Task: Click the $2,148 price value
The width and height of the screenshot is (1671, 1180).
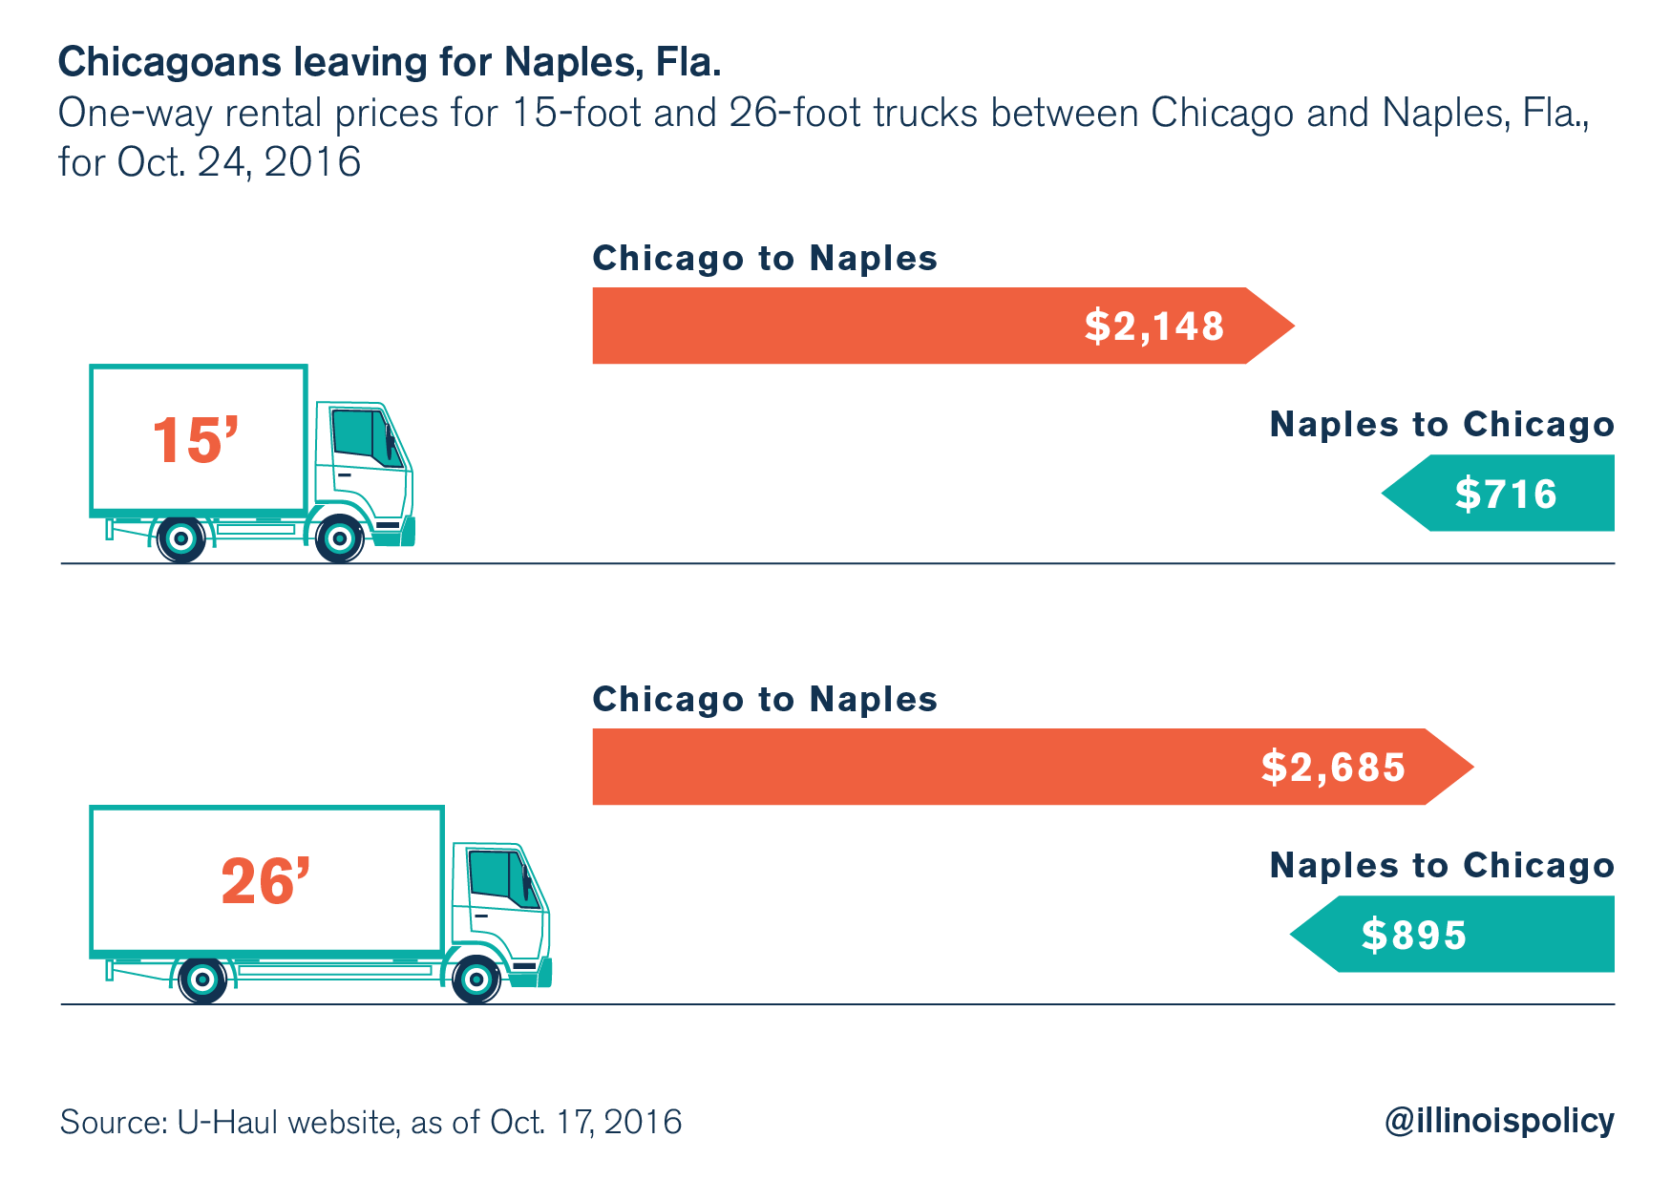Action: pyautogui.click(x=1153, y=327)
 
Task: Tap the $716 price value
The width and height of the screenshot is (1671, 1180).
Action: pyautogui.click(x=1506, y=494)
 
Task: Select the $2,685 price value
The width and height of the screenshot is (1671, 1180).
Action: pyautogui.click(x=1333, y=768)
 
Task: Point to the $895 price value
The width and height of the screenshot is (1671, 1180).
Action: pyautogui.click(x=1413, y=935)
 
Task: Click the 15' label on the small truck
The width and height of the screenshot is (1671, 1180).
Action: pyautogui.click(x=195, y=440)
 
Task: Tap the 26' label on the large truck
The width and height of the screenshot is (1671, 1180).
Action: pyautogui.click(x=265, y=881)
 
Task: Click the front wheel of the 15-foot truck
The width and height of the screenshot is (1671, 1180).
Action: pyautogui.click(x=339, y=539)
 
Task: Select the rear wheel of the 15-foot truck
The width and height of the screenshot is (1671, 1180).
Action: pyautogui.click(x=181, y=539)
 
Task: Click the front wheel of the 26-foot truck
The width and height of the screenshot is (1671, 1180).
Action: pyautogui.click(x=476, y=980)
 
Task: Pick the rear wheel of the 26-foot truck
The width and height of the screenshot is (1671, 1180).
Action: pyautogui.click(x=202, y=980)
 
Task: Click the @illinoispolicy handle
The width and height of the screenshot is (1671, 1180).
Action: pyautogui.click(x=1499, y=1121)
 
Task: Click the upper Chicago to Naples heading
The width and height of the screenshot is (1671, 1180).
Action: pyautogui.click(x=765, y=259)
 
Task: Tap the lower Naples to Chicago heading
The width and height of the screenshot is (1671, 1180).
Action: pyautogui.click(x=1442, y=866)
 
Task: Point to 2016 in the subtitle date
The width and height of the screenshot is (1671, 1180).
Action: pyautogui.click(x=312, y=162)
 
